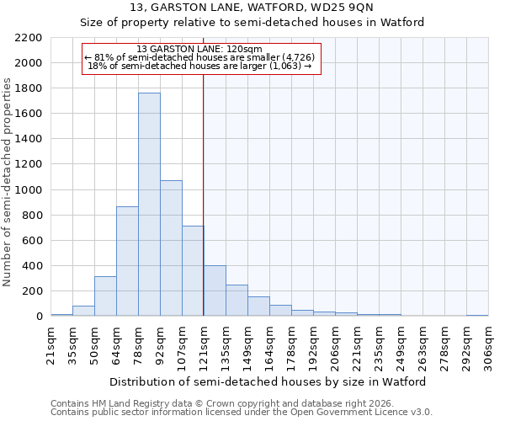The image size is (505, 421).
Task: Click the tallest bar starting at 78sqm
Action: (x=149, y=205)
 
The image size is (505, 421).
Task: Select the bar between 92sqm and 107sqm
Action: (x=171, y=248)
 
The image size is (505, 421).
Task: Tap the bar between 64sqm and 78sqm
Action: (x=127, y=261)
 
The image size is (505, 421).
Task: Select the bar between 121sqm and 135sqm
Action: (x=215, y=291)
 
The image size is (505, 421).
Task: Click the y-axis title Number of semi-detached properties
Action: (x=8, y=182)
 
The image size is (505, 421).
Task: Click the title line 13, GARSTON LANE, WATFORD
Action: (x=252, y=8)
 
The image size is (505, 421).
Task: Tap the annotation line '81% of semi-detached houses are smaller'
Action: (x=200, y=57)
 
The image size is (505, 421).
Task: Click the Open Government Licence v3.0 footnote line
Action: (x=242, y=413)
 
